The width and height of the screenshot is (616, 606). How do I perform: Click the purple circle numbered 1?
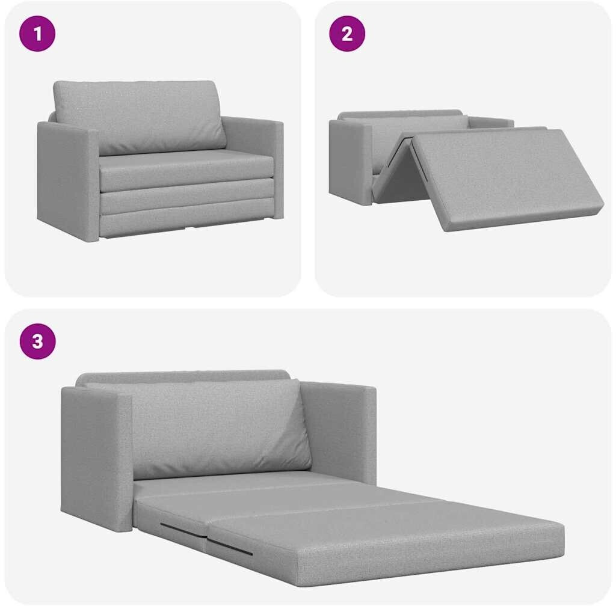point(37,34)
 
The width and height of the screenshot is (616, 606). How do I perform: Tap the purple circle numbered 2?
point(347,34)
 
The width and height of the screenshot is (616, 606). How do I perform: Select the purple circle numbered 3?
point(38,341)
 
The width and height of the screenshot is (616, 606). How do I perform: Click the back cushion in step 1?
point(140,117)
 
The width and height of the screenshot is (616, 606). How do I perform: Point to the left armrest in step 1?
point(67,179)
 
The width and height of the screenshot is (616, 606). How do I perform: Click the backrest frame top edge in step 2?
point(401,113)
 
